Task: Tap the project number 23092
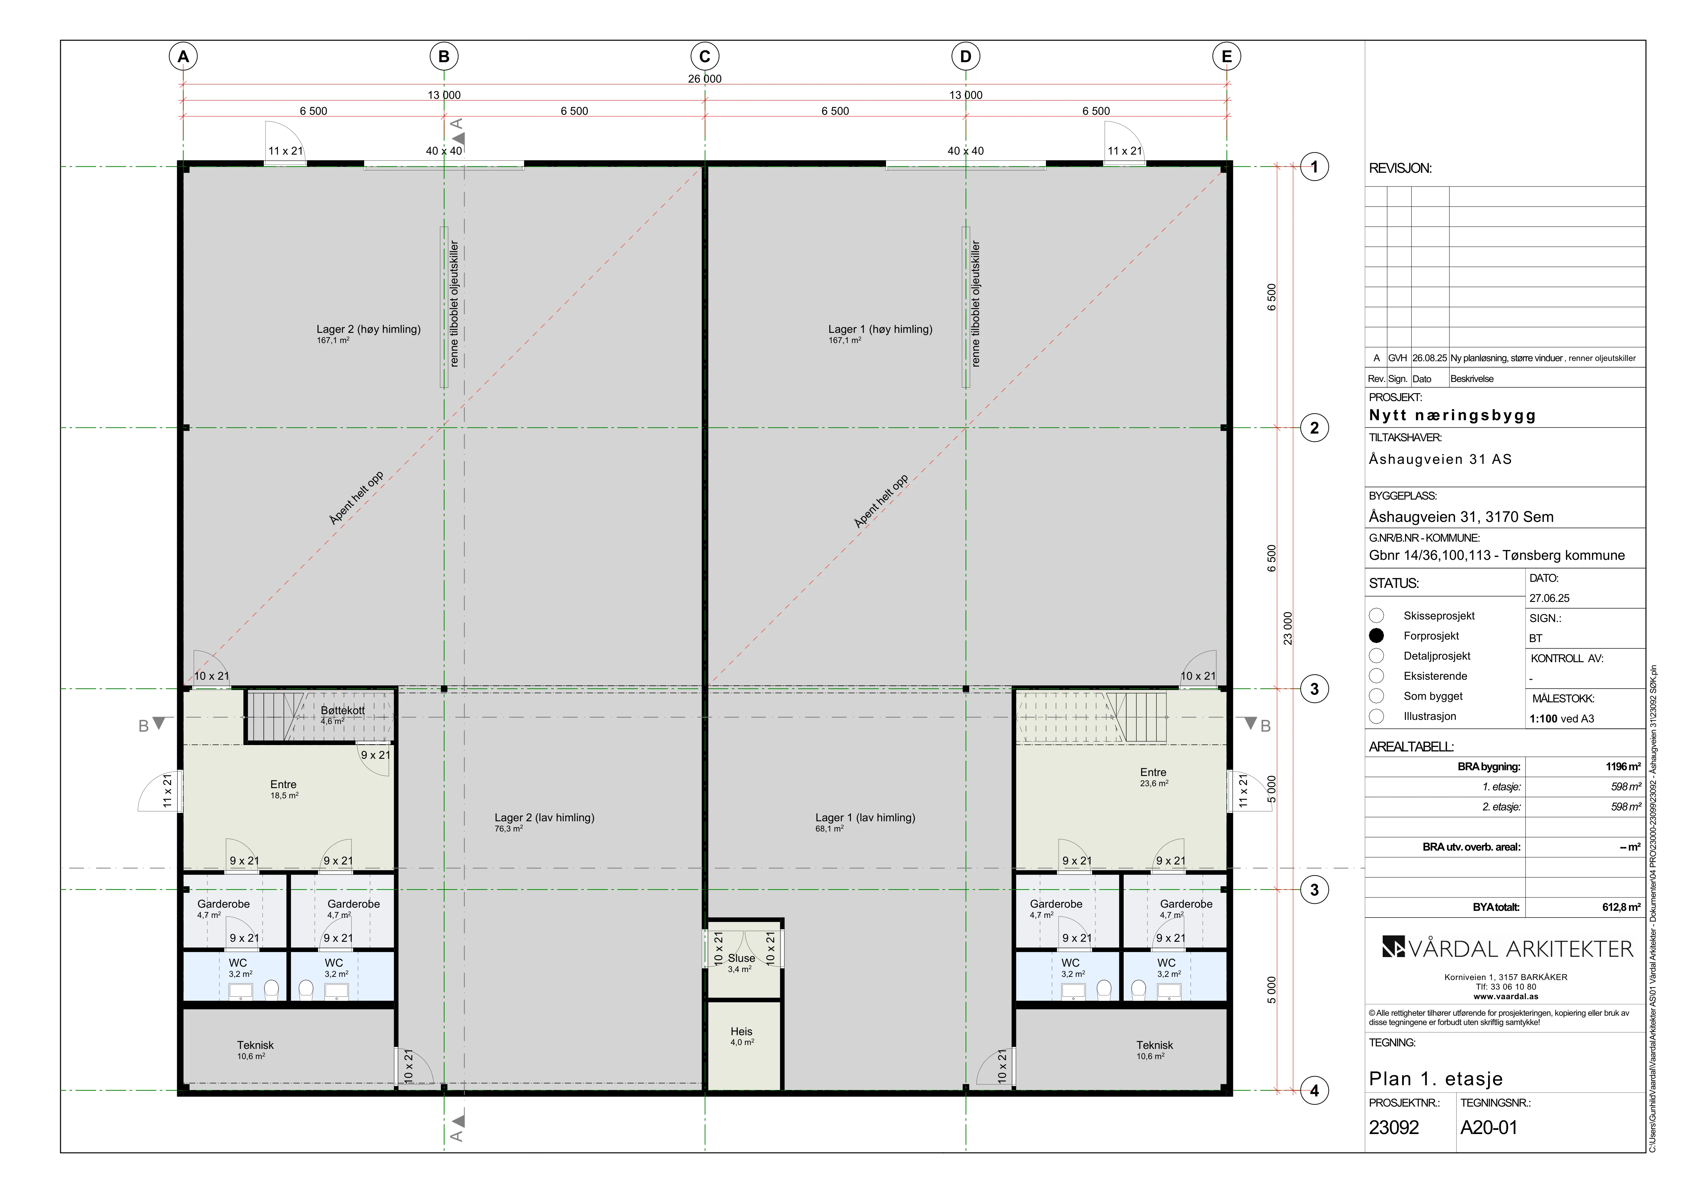pyautogui.click(x=1394, y=1128)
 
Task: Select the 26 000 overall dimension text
pyautogui.click(x=705, y=79)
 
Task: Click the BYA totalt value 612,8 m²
pyautogui.click(x=1621, y=907)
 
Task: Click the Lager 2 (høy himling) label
pyautogui.click(x=369, y=329)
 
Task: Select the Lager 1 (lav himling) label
pyautogui.click(x=865, y=818)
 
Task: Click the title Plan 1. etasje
pyautogui.click(x=1436, y=1079)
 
